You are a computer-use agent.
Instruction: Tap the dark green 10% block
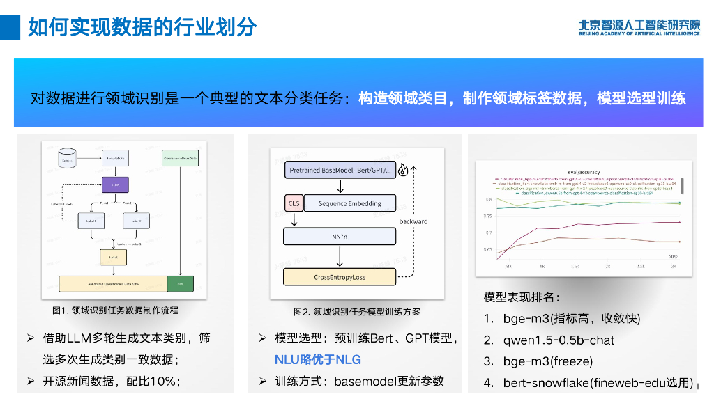pos(180,284)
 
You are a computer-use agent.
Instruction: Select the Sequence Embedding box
pos(349,203)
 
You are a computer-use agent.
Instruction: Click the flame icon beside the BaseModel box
pos(403,171)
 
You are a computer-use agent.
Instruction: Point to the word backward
pos(413,221)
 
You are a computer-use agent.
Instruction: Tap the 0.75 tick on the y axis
pos(488,217)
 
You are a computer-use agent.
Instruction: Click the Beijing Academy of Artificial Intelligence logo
pos(639,26)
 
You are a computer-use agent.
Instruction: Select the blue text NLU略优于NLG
pos(317,360)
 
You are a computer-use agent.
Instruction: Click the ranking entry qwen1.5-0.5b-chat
pos(559,340)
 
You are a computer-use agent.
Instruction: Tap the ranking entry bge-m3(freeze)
pos(547,361)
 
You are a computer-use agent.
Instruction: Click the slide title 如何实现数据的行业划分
pos(142,27)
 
